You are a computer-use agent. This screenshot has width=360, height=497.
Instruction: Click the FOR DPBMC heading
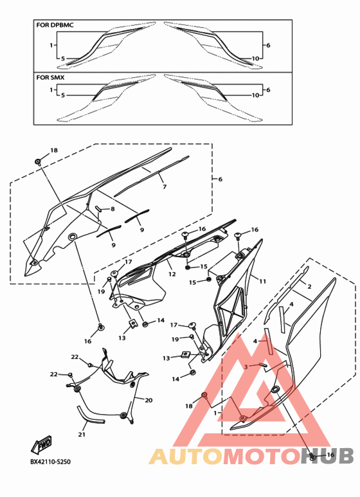point(55,24)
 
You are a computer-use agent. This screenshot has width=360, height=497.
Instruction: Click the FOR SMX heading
point(50,77)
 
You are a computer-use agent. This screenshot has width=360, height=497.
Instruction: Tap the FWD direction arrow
point(41,445)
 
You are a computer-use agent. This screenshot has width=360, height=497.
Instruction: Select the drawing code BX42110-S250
point(50,462)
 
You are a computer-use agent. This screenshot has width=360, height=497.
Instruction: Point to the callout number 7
point(165,187)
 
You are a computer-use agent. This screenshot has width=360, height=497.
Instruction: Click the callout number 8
point(113,209)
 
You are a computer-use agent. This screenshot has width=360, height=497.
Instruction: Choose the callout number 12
point(172,274)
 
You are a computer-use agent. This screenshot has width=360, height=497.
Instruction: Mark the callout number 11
point(263,281)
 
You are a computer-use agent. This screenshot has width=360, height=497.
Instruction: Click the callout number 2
point(309,287)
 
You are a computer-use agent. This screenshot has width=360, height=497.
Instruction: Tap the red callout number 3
point(246,366)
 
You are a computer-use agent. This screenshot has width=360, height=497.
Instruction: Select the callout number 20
point(148,401)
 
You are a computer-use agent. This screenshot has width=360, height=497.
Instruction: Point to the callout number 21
point(82,434)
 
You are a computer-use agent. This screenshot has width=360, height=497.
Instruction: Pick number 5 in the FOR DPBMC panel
point(63,59)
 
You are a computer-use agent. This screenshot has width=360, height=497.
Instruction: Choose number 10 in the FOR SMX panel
point(255,95)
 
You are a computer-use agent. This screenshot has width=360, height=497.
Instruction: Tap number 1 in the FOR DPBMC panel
point(51,45)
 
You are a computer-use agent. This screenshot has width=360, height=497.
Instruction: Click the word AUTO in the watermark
point(186,456)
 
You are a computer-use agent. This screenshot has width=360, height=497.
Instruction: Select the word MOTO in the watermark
point(262,456)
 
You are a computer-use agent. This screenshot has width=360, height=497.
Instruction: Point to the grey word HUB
point(327,456)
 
